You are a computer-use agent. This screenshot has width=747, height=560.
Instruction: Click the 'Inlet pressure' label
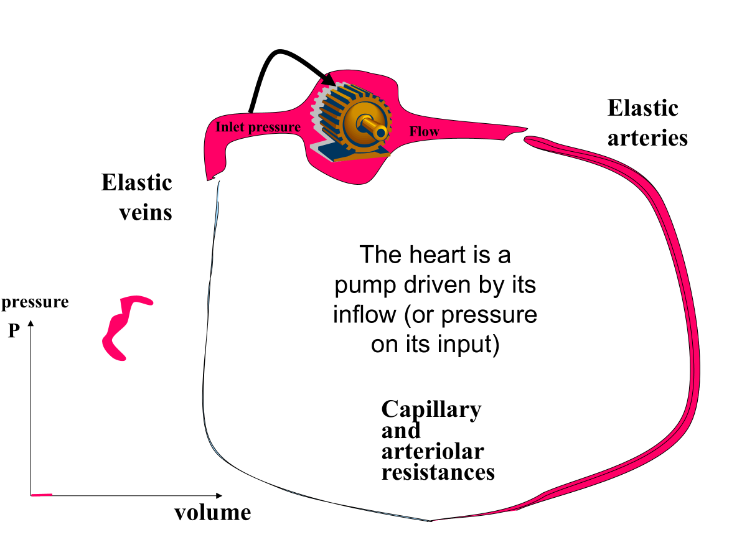coord(258,128)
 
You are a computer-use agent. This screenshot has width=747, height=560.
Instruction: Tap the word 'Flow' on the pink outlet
coord(424,131)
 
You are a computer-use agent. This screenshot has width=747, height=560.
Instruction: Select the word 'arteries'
coord(647,138)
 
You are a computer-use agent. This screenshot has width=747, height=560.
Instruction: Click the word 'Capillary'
coord(431,409)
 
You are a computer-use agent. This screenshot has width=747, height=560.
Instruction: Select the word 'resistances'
coord(438,472)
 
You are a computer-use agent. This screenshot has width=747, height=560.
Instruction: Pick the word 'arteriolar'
coord(433,451)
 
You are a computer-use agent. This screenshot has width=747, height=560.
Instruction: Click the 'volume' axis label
coord(212,513)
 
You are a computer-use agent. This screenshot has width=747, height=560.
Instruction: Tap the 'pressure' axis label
coord(35,302)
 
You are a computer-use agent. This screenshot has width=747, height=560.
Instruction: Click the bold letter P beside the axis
coord(14,331)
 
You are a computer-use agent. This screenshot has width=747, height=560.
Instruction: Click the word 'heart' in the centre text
coord(449,254)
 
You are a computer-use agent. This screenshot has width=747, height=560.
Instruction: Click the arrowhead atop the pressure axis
coord(31,324)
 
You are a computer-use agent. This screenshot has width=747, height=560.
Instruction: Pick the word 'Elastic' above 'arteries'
coord(642,108)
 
